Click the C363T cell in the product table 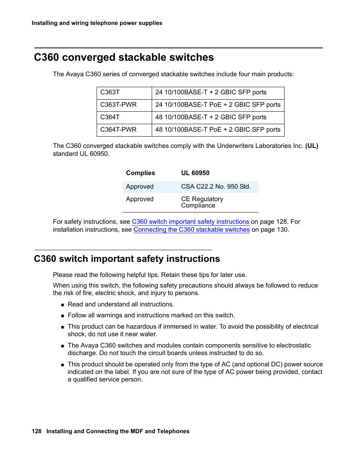click(x=110, y=92)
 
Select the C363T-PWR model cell click(x=118, y=105)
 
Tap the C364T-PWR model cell click(x=118, y=130)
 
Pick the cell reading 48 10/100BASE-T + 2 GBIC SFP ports click(x=211, y=117)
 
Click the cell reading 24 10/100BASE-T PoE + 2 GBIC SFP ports click(x=218, y=105)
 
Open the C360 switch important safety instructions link click(x=190, y=222)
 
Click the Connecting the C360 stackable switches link click(x=191, y=230)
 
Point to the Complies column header click(x=140, y=173)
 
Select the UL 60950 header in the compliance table click(x=195, y=173)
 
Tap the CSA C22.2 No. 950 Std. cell click(x=215, y=187)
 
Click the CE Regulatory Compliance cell click(x=202, y=202)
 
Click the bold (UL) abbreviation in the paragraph click(x=312, y=146)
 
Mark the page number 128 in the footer click(x=37, y=431)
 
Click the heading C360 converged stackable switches click(x=124, y=57)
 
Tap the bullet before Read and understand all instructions click(x=63, y=305)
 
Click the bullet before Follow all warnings click(x=63, y=316)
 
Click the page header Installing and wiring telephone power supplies click(x=97, y=23)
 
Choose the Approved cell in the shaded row click(x=140, y=187)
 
